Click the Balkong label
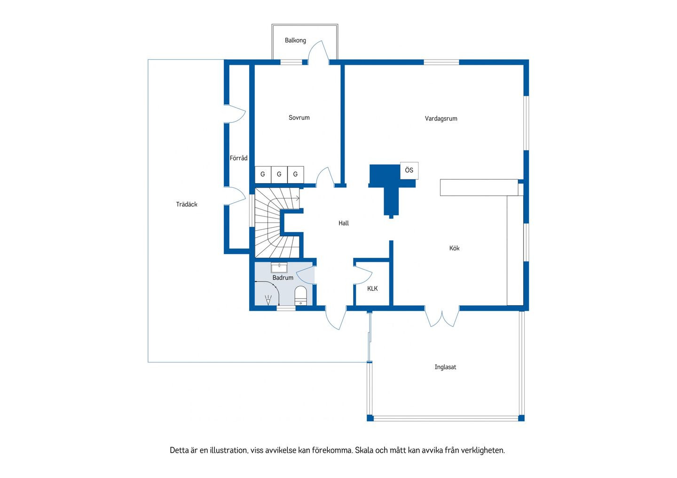[295, 40]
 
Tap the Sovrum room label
[299, 118]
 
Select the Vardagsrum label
[441, 119]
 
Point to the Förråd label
[238, 158]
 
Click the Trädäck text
[187, 204]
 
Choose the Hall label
[343, 224]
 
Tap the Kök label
[454, 248]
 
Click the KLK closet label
[372, 288]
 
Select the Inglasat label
[445, 367]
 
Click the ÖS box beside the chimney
[409, 170]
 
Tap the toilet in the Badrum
[301, 296]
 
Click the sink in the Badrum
[279, 268]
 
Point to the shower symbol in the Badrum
[268, 300]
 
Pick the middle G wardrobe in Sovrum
[279, 174]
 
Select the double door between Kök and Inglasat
[442, 316]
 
